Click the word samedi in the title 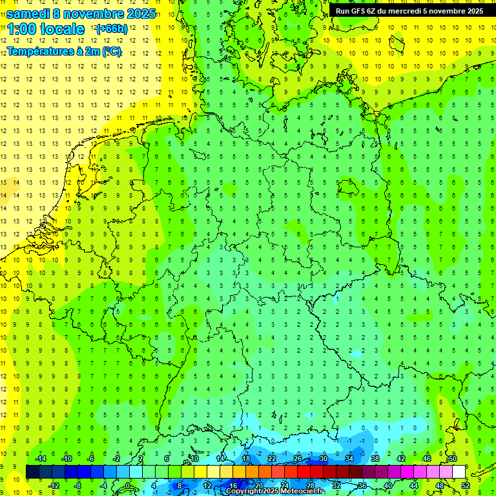click(x=28, y=14)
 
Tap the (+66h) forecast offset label click(x=112, y=29)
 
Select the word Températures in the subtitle click(x=40, y=51)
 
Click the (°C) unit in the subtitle click(x=111, y=51)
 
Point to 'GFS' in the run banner click(x=359, y=11)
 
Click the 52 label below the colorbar click(x=466, y=486)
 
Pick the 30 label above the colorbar click(x=323, y=459)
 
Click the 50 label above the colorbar click(x=452, y=459)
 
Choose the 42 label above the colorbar click(x=400, y=459)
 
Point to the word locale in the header click(x=62, y=29)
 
